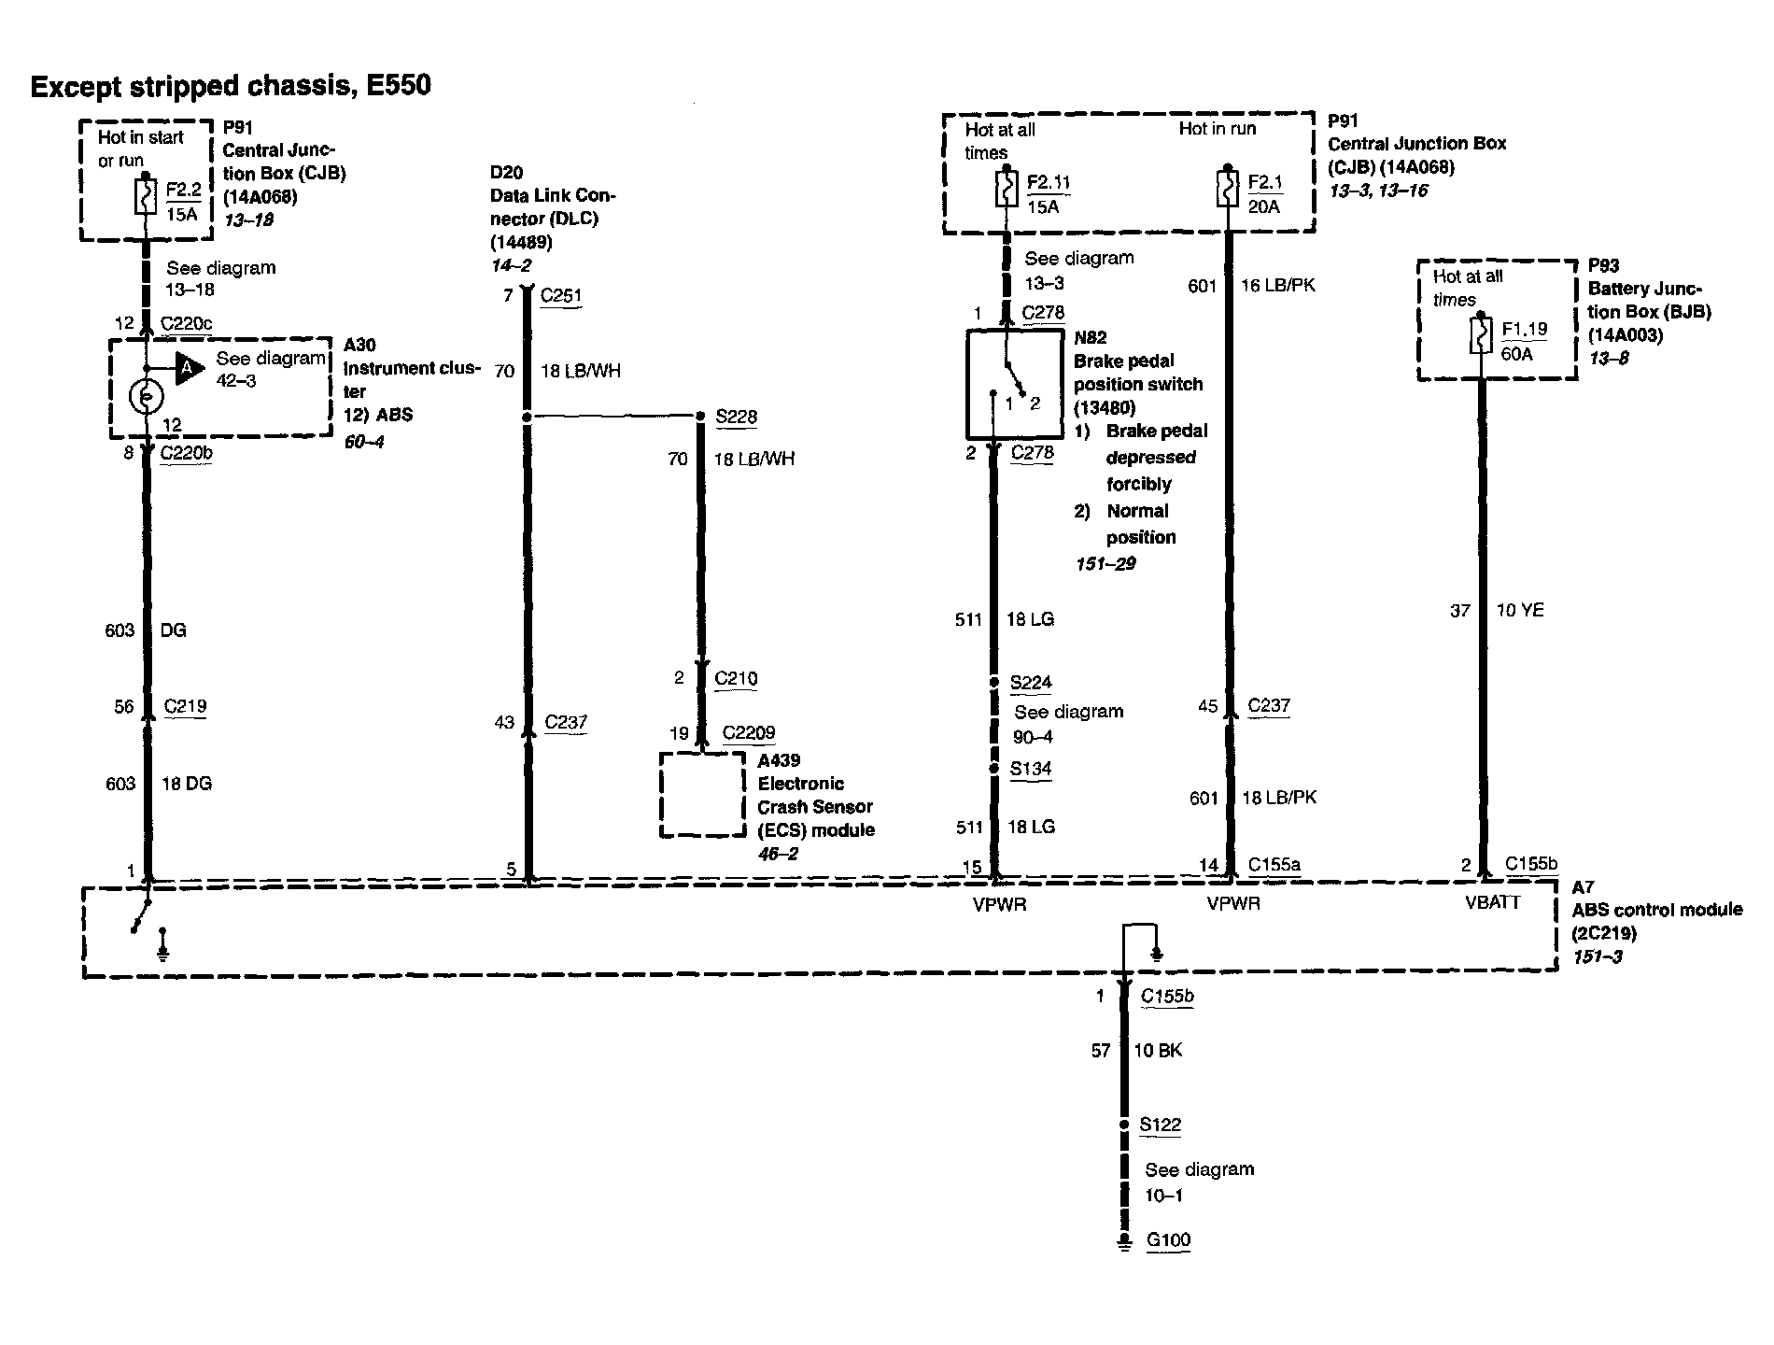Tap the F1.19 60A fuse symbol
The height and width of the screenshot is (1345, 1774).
(x=1480, y=337)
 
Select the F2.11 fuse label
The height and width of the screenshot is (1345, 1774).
(x=1048, y=182)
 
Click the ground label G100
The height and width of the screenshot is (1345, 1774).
(x=1168, y=1240)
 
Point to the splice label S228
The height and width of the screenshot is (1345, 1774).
(x=736, y=417)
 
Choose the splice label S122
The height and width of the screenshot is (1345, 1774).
(x=1160, y=1125)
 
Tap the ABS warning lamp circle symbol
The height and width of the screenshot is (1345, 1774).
(x=146, y=397)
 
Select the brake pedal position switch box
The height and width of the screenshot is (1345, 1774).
(x=1014, y=383)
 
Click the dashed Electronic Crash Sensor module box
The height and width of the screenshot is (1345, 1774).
(x=702, y=794)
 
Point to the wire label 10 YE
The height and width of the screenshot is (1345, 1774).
(x=1520, y=611)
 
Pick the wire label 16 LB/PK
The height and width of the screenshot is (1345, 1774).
(x=1277, y=286)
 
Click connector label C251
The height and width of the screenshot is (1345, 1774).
(x=561, y=296)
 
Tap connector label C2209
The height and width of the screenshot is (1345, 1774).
(x=749, y=732)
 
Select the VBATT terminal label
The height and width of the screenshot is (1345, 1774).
(x=1492, y=902)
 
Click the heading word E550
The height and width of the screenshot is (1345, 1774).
(x=398, y=86)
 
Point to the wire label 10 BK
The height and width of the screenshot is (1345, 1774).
(x=1158, y=1051)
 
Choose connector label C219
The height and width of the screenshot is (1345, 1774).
(x=185, y=706)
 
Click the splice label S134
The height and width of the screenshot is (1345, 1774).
(x=1031, y=769)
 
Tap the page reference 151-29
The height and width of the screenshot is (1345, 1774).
(x=1105, y=563)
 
